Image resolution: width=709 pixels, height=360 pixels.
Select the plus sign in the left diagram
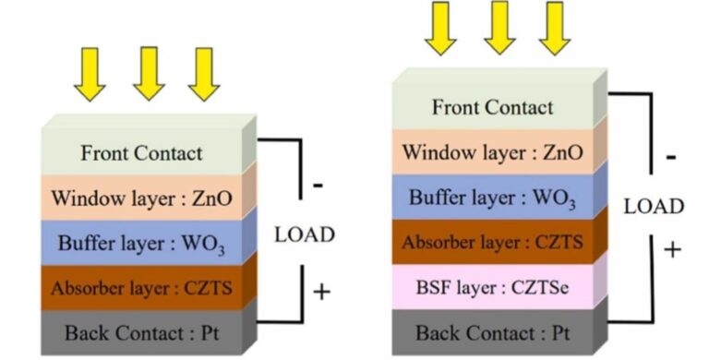320,293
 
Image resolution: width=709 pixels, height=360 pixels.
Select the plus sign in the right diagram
673,249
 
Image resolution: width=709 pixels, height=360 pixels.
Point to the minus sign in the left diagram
318,185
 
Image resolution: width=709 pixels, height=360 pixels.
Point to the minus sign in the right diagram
670,157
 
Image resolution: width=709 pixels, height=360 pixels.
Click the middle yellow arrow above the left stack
149,73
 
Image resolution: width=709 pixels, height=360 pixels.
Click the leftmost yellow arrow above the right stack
441,28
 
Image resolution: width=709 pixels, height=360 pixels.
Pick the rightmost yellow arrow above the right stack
553,28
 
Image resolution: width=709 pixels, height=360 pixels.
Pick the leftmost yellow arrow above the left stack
91,73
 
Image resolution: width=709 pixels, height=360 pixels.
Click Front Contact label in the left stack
141,153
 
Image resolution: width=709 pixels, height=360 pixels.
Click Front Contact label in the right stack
493,107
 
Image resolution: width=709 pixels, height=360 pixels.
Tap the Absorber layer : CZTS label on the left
141,289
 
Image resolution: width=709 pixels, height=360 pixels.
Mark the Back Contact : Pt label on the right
493,333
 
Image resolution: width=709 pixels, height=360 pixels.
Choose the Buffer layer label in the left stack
109,245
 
